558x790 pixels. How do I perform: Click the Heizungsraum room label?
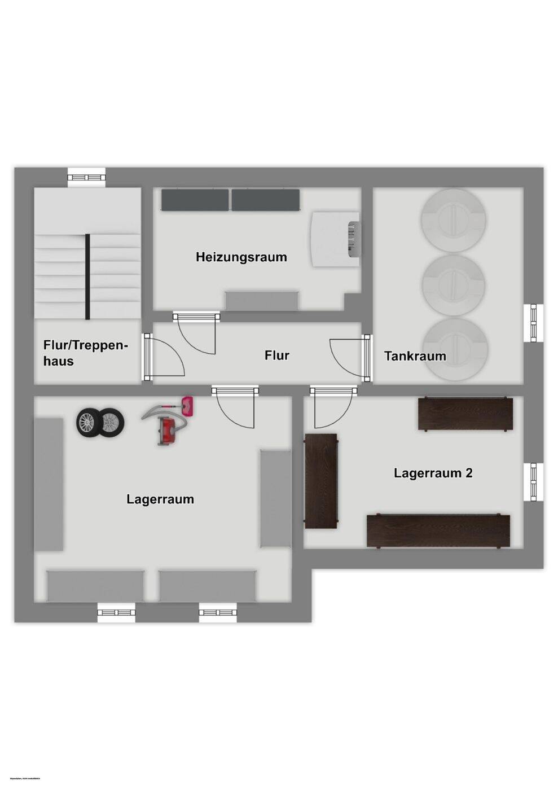pos(241,257)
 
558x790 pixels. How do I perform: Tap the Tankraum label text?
pos(415,356)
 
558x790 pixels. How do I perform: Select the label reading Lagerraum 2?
pos(433,473)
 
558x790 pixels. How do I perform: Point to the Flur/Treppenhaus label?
pos(85,353)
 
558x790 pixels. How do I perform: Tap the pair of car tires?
pos(100,423)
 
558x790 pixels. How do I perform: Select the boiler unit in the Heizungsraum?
pos(335,239)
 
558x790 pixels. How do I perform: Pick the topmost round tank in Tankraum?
pos(453,220)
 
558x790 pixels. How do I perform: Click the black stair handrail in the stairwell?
pos(87,276)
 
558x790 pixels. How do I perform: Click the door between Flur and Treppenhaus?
pos(165,357)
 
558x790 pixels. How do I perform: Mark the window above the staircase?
pos(87,177)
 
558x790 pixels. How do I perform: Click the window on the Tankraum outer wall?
pos(533,323)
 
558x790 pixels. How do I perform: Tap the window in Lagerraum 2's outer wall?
pos(533,481)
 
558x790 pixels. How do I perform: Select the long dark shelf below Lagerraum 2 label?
pos(438,530)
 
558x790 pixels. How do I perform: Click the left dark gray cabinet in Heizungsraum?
pos(195,200)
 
